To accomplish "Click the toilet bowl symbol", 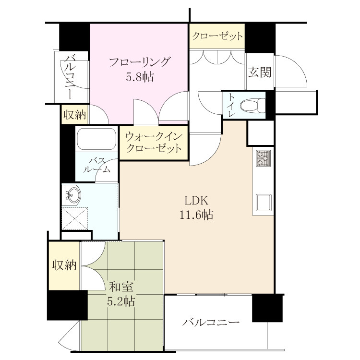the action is click(252, 106).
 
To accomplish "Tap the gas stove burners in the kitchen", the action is click(263, 158).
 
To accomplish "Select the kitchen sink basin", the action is click(263, 203).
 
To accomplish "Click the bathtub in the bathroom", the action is click(96, 139).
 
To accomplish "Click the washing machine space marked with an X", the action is click(75, 218).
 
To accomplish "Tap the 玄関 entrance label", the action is click(260, 72).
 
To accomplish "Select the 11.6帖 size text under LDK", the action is click(196, 215).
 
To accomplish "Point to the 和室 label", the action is click(121, 287).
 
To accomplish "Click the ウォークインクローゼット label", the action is click(154, 143).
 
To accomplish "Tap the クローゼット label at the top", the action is click(217, 36).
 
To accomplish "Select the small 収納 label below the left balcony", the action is click(74, 115).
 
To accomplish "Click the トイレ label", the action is click(231, 106).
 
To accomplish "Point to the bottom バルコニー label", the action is click(211, 323).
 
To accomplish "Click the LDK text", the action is click(196, 201).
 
